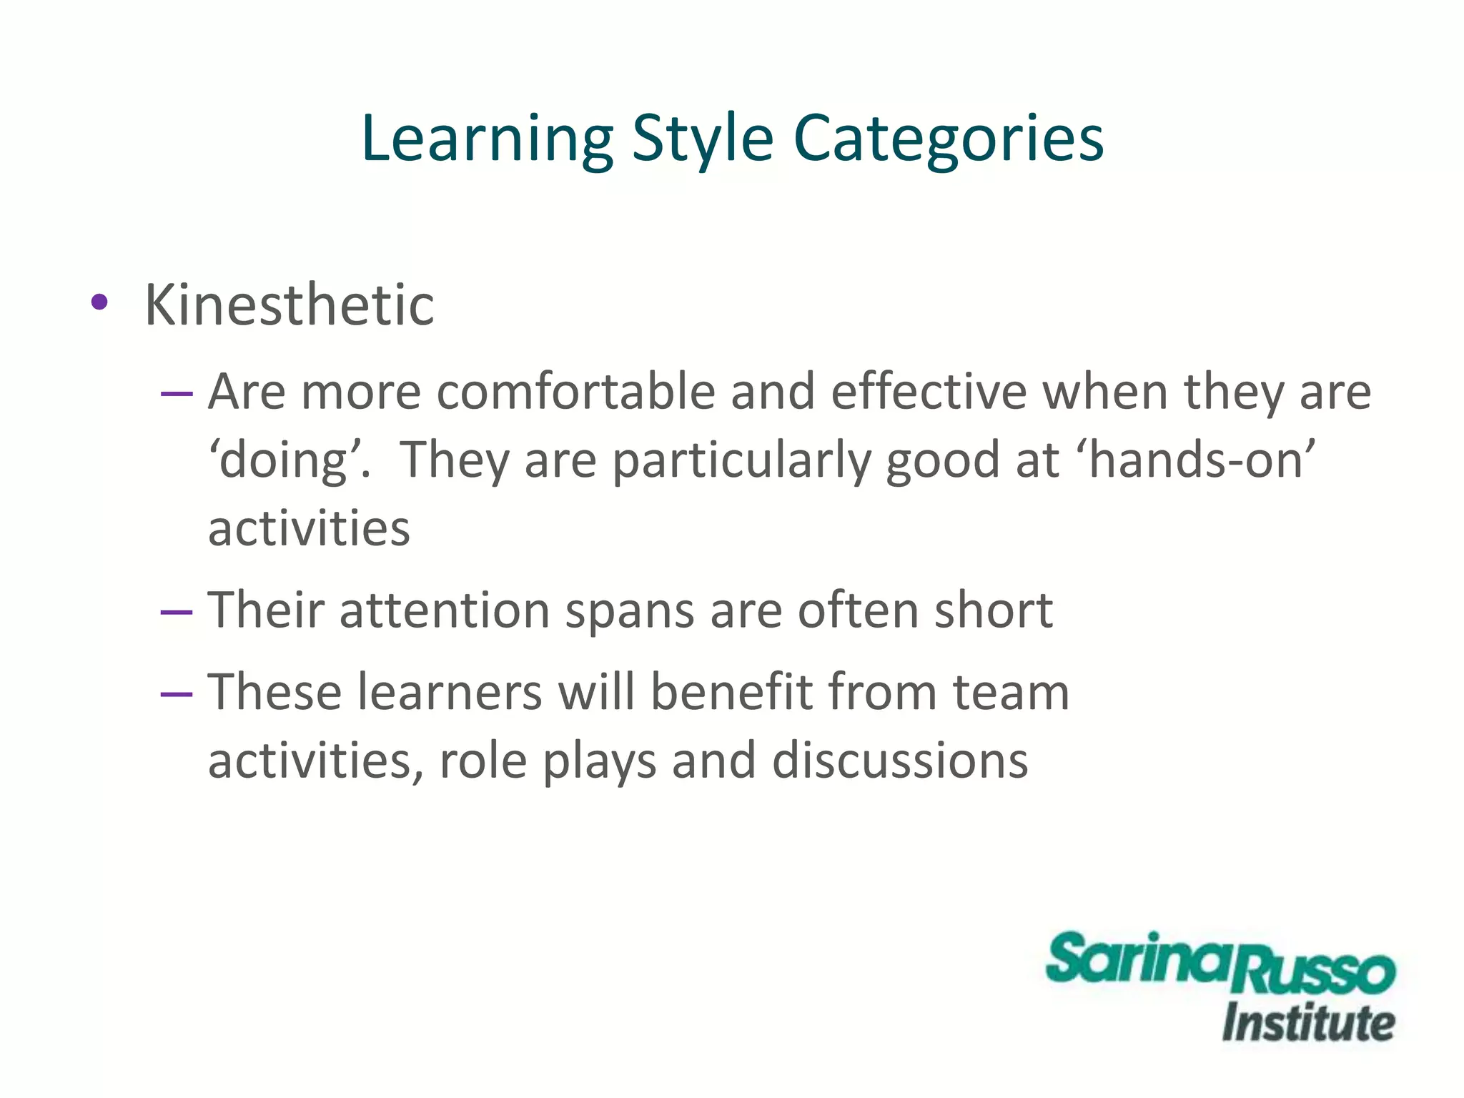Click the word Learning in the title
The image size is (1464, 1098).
pos(487,139)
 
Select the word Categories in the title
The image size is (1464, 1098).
pos(949,139)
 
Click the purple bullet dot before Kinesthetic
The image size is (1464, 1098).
pos(99,302)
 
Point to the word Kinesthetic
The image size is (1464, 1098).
pos(290,305)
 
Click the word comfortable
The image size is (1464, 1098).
pos(575,392)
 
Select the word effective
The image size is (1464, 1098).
pos(929,392)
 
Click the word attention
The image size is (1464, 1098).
pos(444,610)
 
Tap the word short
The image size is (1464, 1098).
pos(993,610)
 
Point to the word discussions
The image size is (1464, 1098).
pos(900,760)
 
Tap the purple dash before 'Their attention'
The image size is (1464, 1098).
pos(177,612)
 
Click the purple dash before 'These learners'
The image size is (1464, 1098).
pos(177,693)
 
